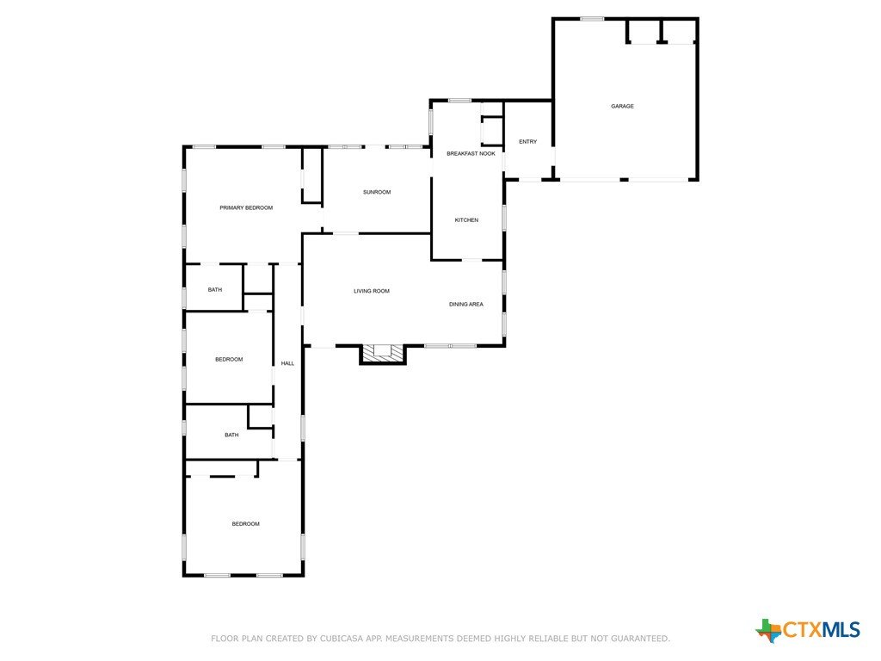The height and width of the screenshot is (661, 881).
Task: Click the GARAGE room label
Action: click(x=622, y=106)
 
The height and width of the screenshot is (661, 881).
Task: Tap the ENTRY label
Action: click(x=527, y=142)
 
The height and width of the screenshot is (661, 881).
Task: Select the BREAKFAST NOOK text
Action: click(x=471, y=153)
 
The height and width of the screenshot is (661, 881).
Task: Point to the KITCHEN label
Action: click(x=466, y=219)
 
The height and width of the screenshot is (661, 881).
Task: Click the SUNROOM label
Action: click(x=377, y=192)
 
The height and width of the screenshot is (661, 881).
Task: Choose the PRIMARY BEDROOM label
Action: click(x=246, y=208)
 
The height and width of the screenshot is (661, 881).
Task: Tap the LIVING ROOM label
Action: click(x=372, y=291)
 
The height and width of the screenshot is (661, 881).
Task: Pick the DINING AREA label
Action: click(x=465, y=305)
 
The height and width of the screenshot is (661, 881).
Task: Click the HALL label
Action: click(x=287, y=364)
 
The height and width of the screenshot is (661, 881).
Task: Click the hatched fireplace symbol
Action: click(x=382, y=352)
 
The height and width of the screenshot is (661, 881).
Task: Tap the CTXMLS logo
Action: click(x=808, y=629)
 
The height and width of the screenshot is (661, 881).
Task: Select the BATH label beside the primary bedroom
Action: click(x=214, y=290)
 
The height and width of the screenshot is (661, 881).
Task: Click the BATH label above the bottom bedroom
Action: click(x=231, y=435)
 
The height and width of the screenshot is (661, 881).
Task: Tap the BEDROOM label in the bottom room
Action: click(x=245, y=524)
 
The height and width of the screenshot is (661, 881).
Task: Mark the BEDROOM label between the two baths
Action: click(x=229, y=360)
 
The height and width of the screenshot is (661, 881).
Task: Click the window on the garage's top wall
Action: click(x=592, y=19)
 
